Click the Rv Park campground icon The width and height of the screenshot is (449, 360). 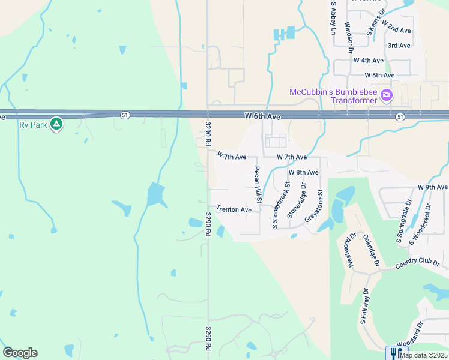click(x=56, y=124)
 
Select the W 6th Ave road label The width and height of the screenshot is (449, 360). click(x=262, y=115)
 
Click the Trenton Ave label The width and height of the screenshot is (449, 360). click(x=234, y=209)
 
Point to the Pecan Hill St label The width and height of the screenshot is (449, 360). click(x=258, y=184)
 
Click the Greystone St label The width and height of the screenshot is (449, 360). click(x=315, y=206)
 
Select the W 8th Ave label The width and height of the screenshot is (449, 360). click(x=303, y=172)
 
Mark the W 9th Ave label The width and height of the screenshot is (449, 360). click(x=432, y=187)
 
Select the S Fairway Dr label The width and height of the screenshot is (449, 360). click(x=364, y=306)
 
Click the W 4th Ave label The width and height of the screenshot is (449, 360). click(x=368, y=61)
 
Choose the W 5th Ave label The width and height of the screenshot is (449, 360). click(x=379, y=75)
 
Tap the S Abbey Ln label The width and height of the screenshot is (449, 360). click(x=331, y=17)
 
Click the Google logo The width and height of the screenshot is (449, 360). click(x=20, y=353)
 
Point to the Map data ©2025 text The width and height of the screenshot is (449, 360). click(x=423, y=355)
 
